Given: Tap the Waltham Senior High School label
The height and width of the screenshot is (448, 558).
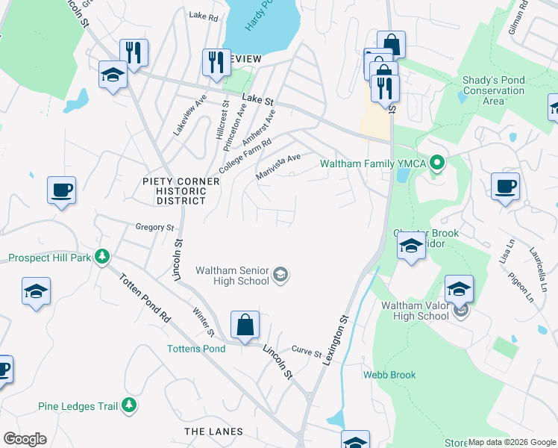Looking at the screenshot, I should (232, 276).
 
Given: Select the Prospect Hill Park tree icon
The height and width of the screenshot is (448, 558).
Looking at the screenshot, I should (103, 258).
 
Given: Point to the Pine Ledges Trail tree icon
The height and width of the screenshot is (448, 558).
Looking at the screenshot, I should (130, 405).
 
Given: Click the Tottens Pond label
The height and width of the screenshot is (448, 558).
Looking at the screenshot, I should (195, 349).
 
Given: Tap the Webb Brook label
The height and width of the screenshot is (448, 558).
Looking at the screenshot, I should (389, 375).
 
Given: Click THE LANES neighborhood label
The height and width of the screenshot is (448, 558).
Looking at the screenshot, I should (213, 432).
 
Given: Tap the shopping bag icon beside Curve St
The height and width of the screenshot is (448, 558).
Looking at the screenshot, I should (245, 325).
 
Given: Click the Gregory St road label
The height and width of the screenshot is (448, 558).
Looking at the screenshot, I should (154, 227).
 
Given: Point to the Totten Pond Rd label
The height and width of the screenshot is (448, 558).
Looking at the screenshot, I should (144, 296).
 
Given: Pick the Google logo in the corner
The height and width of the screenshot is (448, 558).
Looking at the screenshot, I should (25, 439).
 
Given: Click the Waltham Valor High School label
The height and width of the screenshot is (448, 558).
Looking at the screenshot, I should (415, 311).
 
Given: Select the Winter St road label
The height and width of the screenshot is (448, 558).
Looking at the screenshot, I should (203, 323).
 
